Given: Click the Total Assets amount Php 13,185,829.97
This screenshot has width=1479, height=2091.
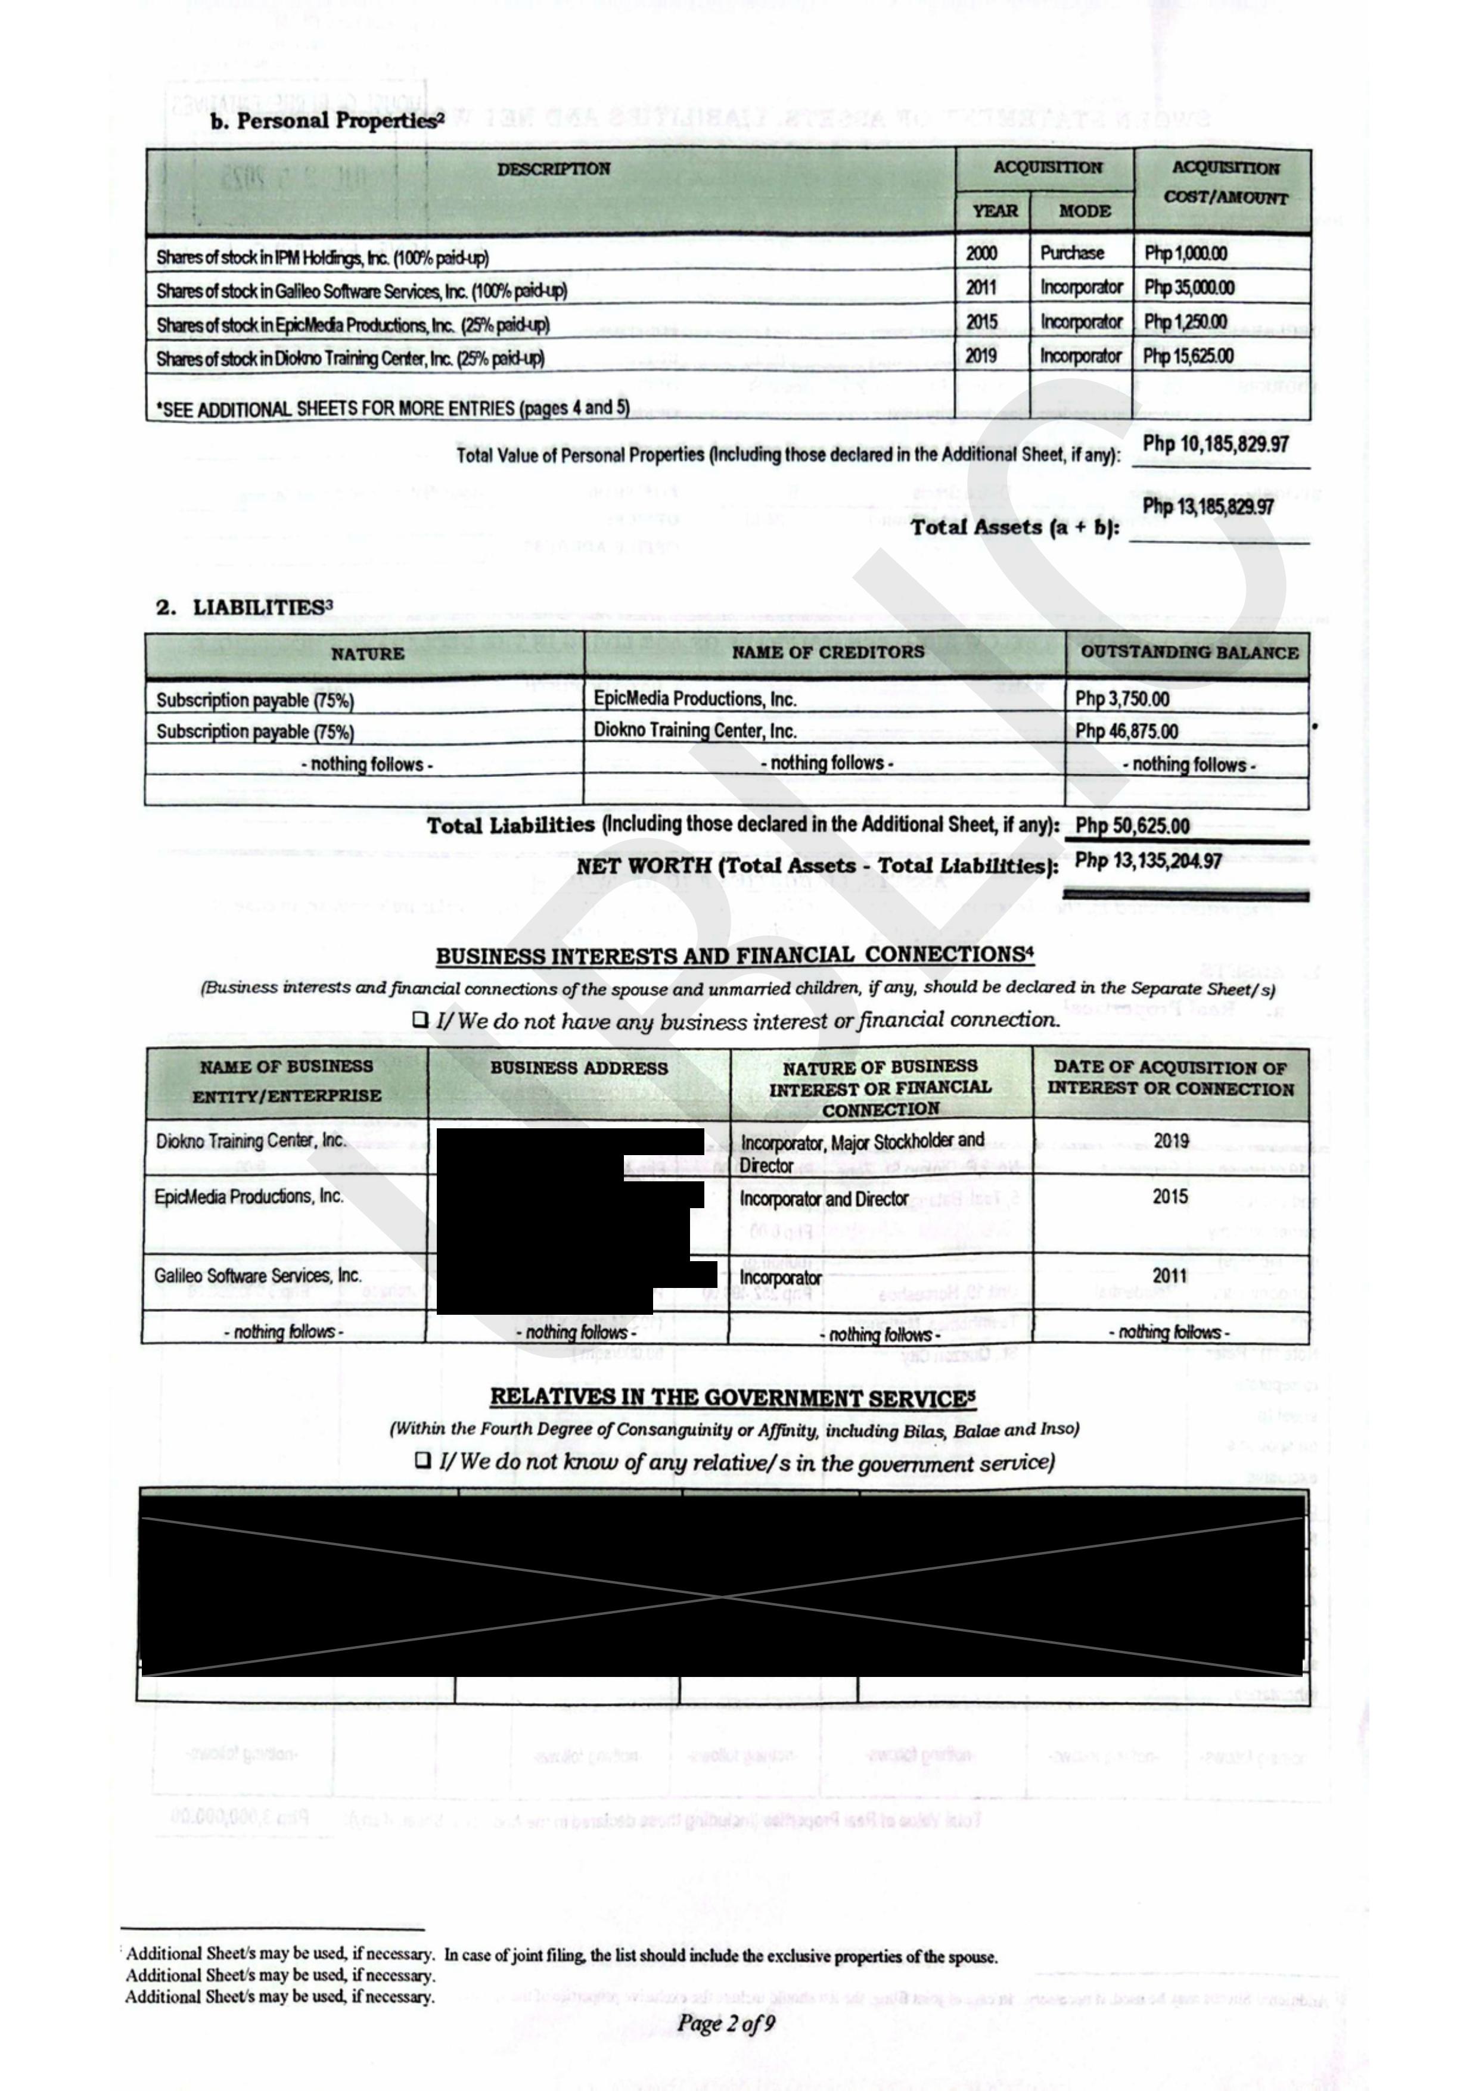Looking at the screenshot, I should pos(1208,506).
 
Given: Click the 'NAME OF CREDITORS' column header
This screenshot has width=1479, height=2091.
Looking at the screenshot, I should pos(827,652).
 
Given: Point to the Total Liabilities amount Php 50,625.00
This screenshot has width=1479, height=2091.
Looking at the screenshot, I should pos(1132,826).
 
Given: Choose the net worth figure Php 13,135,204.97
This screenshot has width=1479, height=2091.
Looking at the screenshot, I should pos(1148,861).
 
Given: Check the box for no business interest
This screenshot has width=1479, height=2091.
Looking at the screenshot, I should pos(421,1020).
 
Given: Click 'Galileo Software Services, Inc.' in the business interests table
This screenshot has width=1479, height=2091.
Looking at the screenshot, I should pos(258,1275).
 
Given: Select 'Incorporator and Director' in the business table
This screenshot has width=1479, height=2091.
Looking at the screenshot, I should pos(824,1199).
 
